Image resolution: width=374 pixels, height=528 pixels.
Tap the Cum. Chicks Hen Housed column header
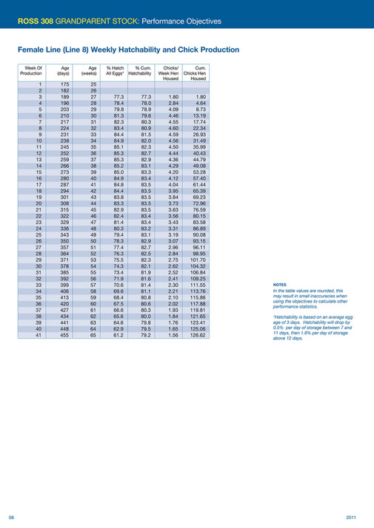click(198, 74)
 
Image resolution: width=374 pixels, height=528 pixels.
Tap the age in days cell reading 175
click(64, 84)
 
